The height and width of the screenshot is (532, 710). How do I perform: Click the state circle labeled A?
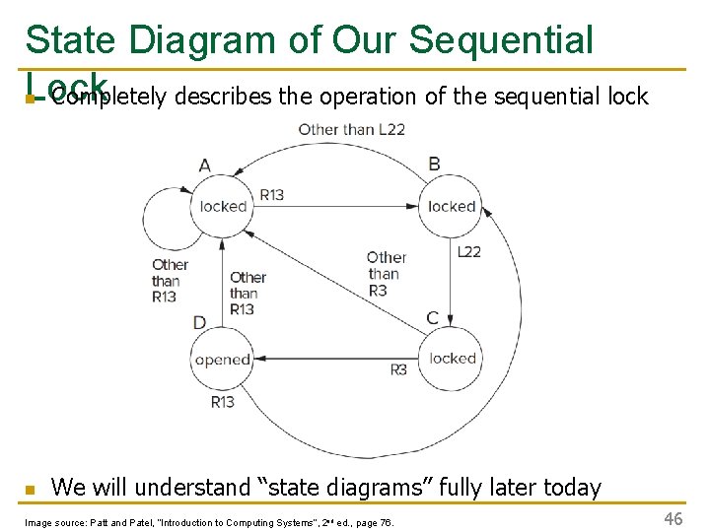(x=223, y=207)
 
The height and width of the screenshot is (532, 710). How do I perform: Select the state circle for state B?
(x=452, y=207)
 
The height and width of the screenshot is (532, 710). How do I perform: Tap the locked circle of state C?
(x=452, y=359)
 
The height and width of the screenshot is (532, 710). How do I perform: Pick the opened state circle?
(x=223, y=360)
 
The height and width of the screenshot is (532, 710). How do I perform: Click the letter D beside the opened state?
(x=200, y=323)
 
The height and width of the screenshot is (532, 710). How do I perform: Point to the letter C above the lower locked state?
(x=432, y=318)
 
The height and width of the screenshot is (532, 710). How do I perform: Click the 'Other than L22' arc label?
(x=351, y=129)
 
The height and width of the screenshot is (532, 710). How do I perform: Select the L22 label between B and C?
(x=469, y=252)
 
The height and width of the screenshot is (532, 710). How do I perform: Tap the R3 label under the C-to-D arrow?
(x=398, y=370)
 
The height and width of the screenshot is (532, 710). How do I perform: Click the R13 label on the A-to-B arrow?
(x=271, y=195)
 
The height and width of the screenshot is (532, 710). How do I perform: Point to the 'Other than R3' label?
(x=387, y=274)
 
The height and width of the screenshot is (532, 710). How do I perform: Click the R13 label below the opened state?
(x=223, y=401)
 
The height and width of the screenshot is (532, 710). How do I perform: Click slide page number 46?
(x=674, y=518)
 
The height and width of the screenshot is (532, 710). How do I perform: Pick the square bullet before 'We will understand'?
(x=30, y=489)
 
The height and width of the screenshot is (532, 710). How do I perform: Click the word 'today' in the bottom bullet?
(x=571, y=487)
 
